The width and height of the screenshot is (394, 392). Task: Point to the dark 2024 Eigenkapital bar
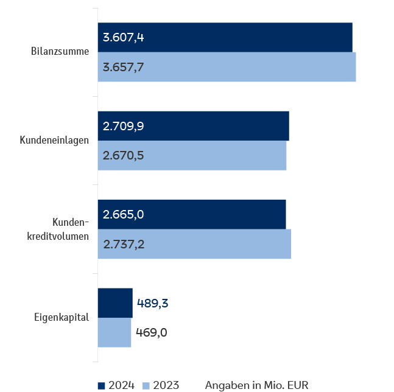tap(115, 303)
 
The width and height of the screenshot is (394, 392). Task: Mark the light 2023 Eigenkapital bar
tap(114, 332)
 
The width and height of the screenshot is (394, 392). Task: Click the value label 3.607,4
tap(124, 38)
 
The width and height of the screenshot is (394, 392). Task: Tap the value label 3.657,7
tap(124, 67)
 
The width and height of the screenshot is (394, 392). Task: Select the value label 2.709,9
tap(124, 126)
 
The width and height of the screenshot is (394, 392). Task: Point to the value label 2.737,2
tap(124, 244)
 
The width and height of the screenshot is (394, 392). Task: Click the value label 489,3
tap(152, 303)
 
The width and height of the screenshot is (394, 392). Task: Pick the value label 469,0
tap(152, 332)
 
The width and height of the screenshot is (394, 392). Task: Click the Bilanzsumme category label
tap(60, 52)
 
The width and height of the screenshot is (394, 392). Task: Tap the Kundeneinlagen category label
tap(54, 141)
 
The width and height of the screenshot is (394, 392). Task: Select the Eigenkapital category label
tap(61, 317)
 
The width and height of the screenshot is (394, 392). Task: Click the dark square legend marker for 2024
tap(101, 385)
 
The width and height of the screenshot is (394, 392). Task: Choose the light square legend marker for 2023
tap(146, 385)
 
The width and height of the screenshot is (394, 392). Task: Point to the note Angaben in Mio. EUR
tap(256, 385)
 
